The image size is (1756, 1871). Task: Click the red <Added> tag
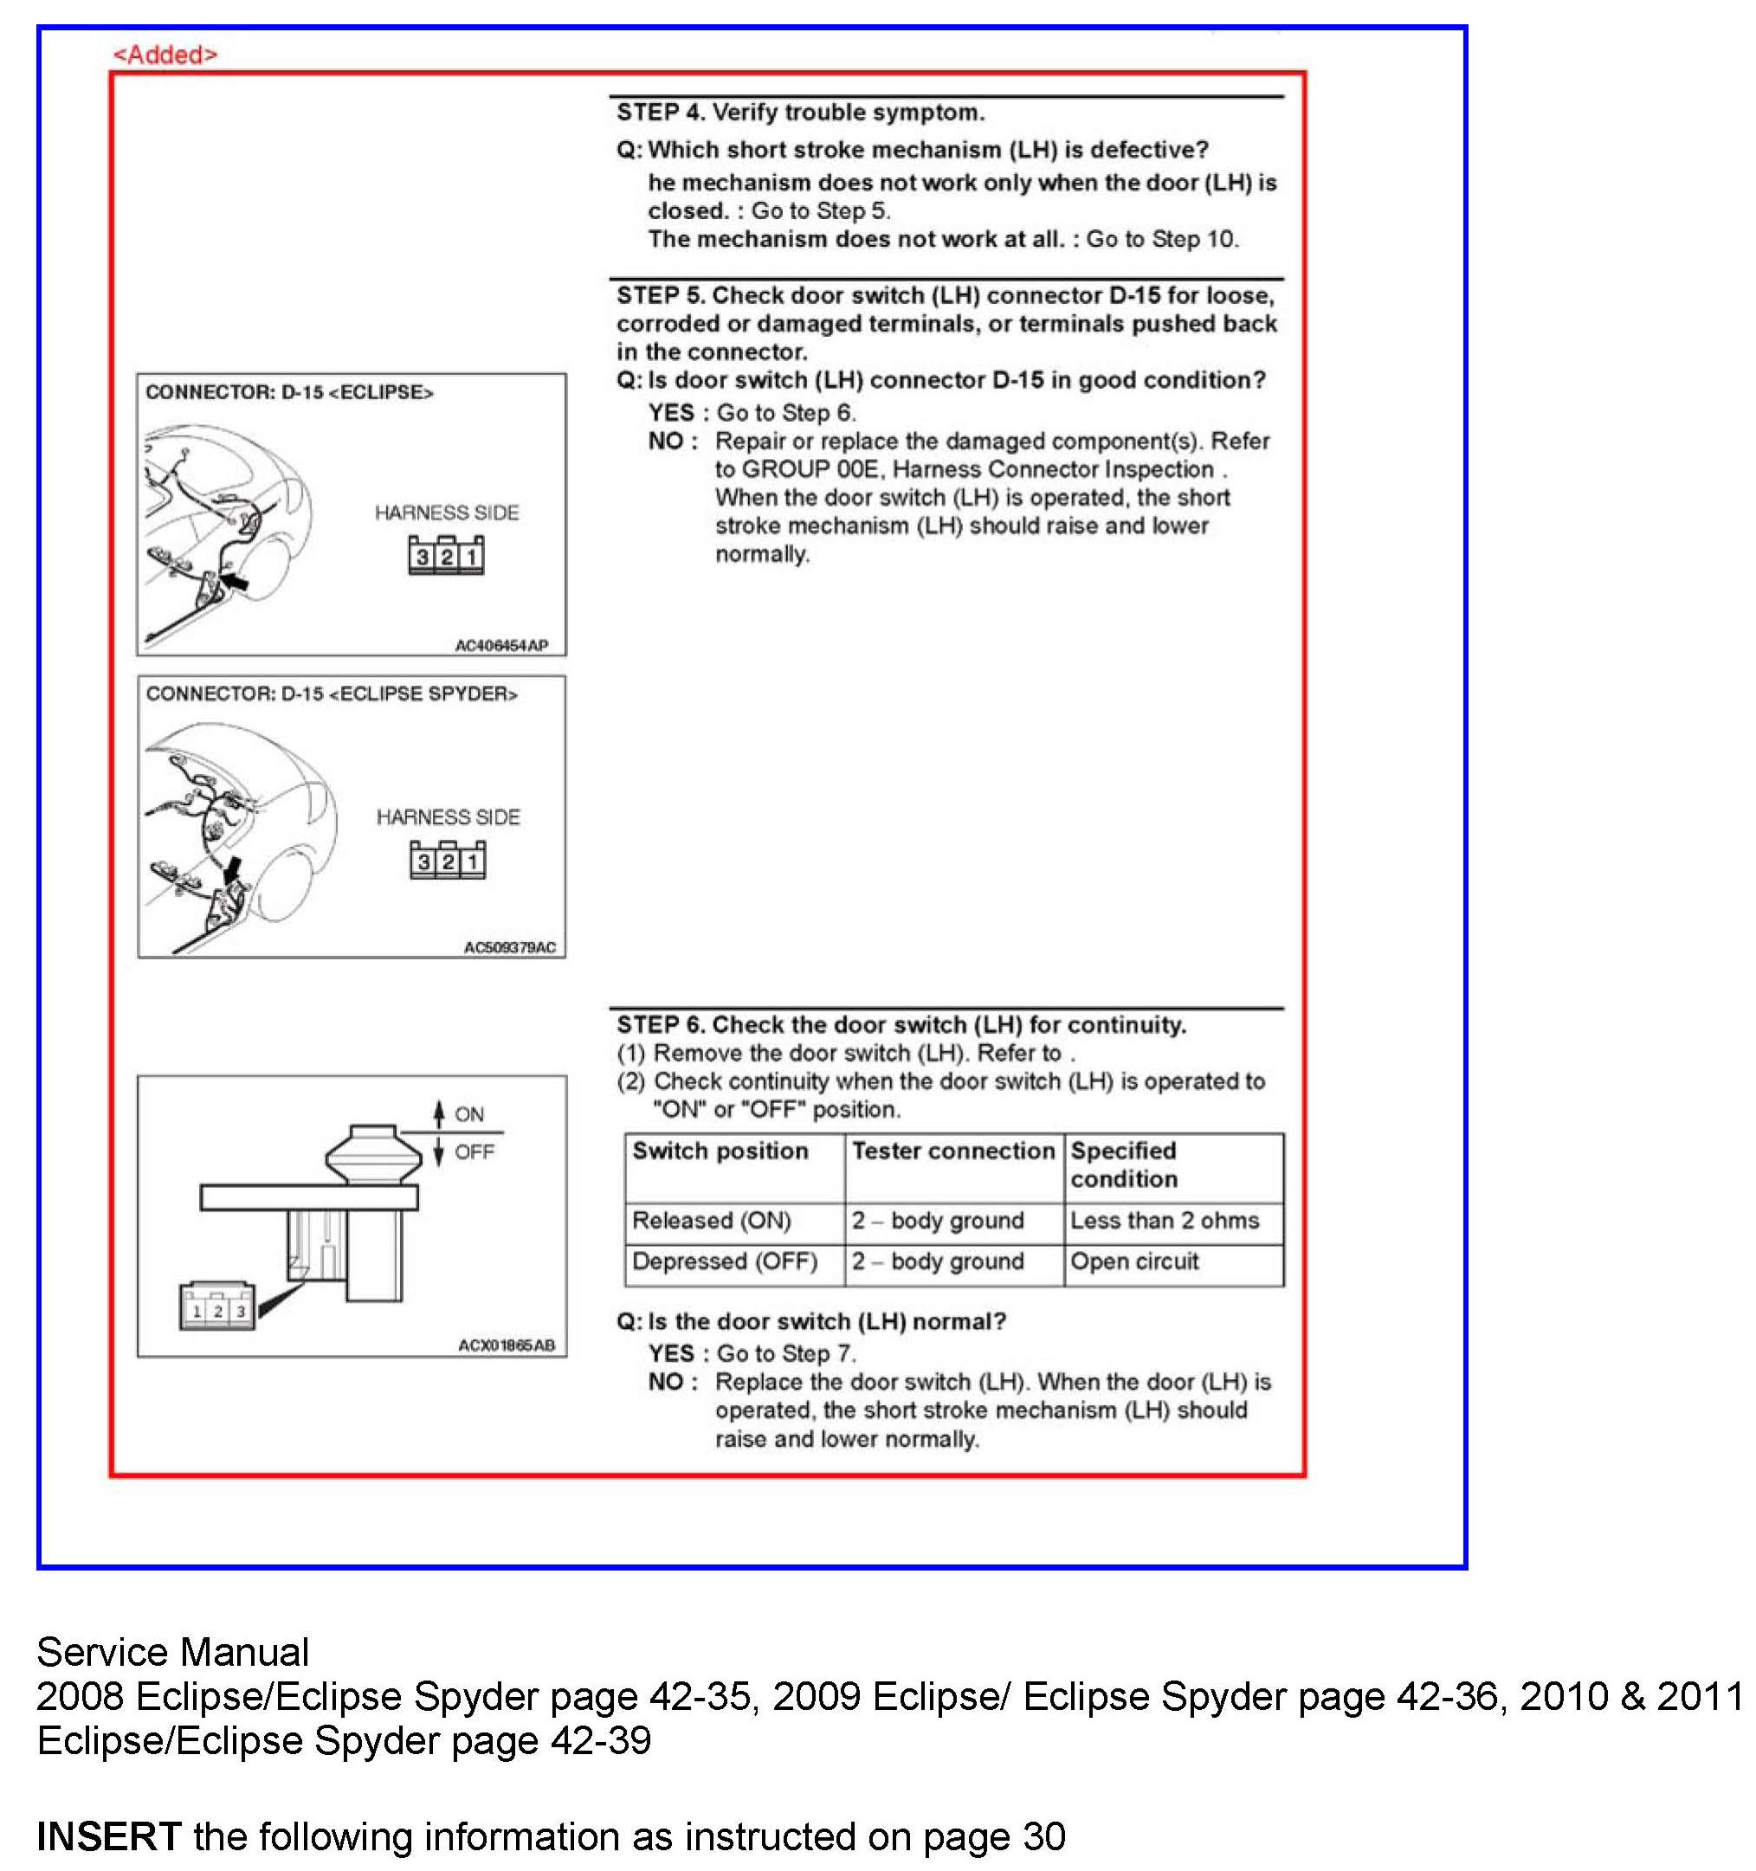[165, 55]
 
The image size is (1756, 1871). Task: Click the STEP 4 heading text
[800, 113]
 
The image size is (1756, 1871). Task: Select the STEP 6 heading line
[901, 1024]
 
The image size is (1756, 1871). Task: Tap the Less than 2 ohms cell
[1164, 1221]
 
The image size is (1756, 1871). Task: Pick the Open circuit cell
[1134, 1261]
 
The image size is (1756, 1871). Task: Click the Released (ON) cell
[711, 1221]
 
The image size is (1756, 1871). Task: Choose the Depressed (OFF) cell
[725, 1261]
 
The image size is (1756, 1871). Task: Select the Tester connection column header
[953, 1151]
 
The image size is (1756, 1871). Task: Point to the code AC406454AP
[500, 646]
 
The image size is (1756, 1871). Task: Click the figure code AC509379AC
[509, 947]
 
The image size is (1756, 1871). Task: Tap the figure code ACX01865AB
[507, 1345]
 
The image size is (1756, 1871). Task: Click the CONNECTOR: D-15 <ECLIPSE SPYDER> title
[332, 694]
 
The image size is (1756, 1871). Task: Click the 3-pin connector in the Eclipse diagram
[446, 556]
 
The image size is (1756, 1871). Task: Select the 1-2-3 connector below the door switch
[217, 1308]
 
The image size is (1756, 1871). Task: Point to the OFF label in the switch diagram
[475, 1152]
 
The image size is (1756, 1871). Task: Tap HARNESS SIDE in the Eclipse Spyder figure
[448, 817]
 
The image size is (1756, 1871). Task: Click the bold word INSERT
[108, 1836]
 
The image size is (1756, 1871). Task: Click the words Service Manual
[172, 1652]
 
